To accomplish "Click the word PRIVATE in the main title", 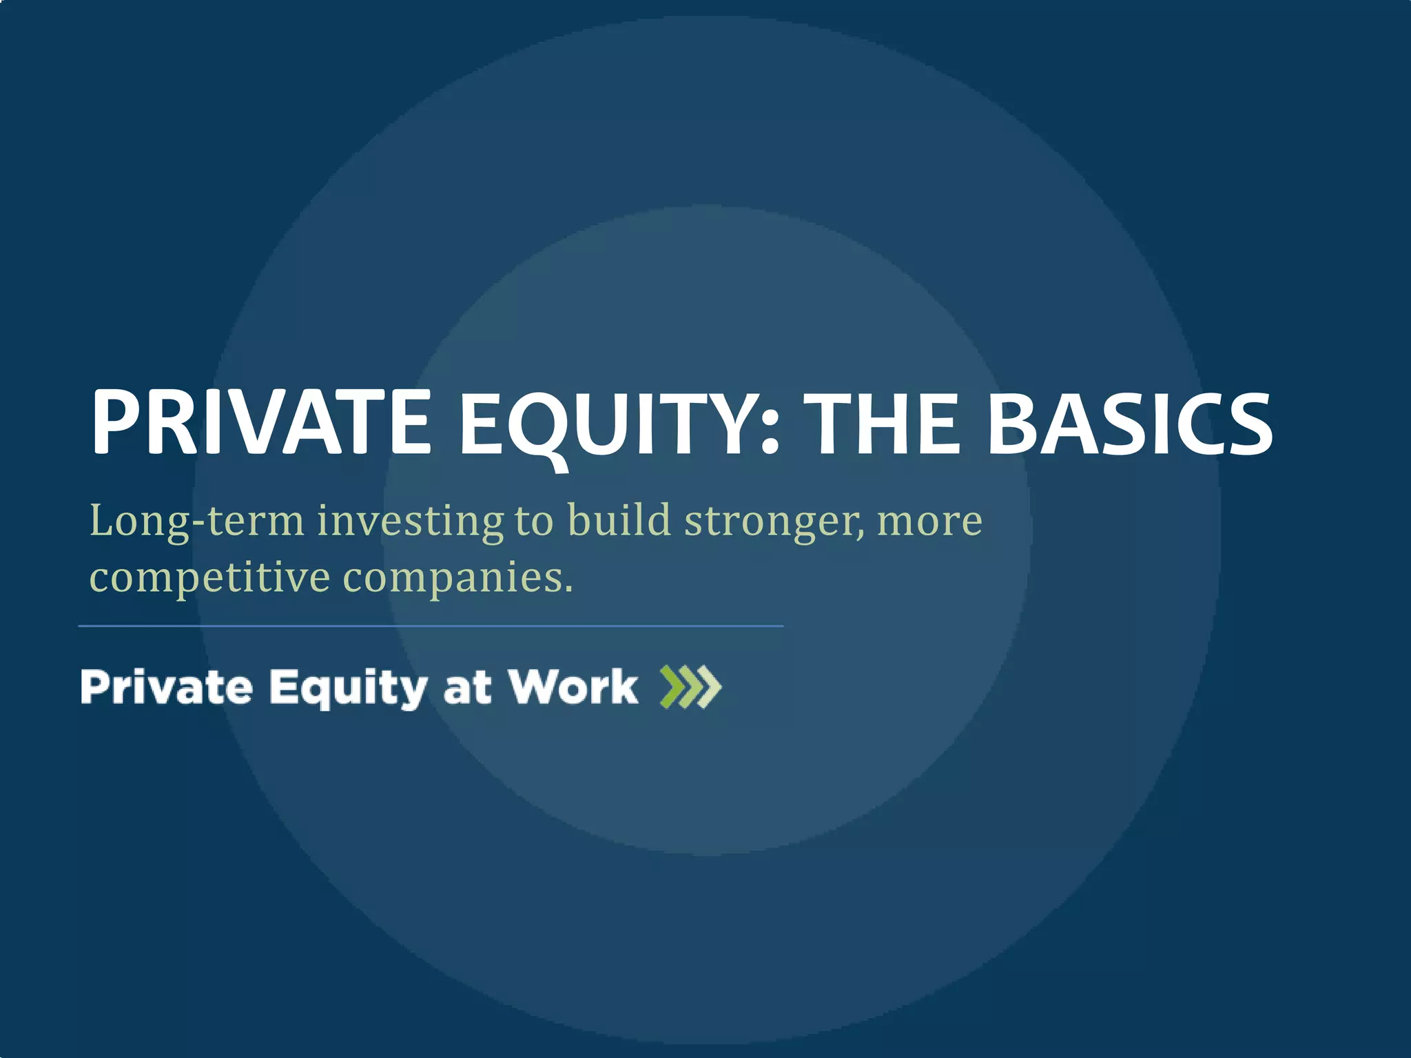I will click(x=261, y=422).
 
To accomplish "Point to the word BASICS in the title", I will click(x=1130, y=422).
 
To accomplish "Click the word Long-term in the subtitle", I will click(x=197, y=521).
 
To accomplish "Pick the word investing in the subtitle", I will click(x=411, y=521).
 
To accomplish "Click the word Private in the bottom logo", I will click(x=166, y=687).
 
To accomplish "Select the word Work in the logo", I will click(x=573, y=687).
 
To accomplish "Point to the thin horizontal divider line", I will click(x=431, y=626).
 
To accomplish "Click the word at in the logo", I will click(x=467, y=688).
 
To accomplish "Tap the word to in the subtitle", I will click(x=534, y=521).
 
